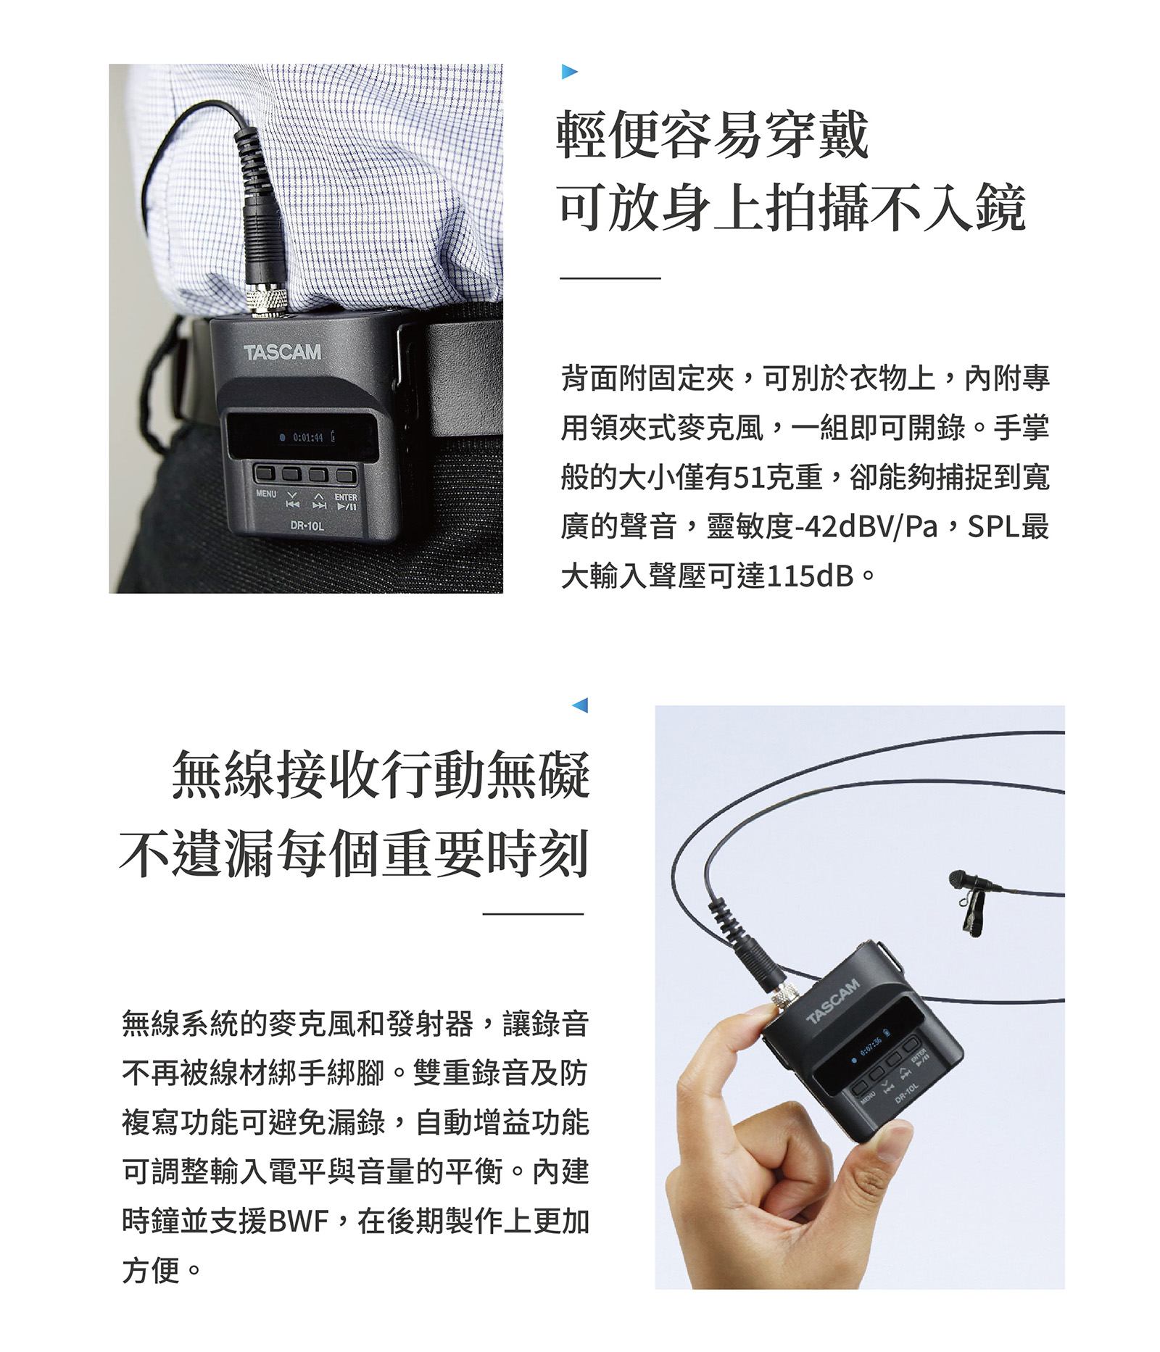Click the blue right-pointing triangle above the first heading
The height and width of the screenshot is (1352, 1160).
tap(569, 72)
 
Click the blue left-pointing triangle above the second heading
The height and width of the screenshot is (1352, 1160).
tap(580, 705)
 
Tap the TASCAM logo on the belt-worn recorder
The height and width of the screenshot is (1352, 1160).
tap(282, 352)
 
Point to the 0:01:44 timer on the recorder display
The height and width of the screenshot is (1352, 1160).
tap(307, 438)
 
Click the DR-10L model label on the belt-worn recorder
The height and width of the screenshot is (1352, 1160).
tap(307, 525)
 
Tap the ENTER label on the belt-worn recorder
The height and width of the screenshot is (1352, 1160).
tap(346, 497)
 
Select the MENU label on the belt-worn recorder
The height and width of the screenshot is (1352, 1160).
tap(266, 494)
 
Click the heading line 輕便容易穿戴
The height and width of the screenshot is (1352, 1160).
tap(712, 135)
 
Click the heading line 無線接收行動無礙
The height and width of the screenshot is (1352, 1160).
tap(381, 775)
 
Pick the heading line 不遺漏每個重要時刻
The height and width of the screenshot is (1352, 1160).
tap(354, 853)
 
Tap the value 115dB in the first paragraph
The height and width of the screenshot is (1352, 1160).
tap(810, 576)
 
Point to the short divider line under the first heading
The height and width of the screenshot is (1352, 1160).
tap(610, 278)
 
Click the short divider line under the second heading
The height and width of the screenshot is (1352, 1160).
tap(533, 914)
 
